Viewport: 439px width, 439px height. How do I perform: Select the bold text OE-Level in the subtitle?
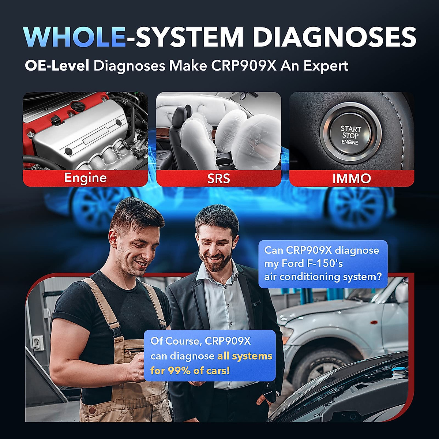click(57, 66)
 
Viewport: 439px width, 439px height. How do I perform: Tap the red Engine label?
click(85, 178)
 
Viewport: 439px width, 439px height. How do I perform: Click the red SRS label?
click(218, 179)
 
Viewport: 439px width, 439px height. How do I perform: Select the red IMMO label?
click(352, 179)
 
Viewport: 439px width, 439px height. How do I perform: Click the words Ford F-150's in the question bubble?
click(304, 263)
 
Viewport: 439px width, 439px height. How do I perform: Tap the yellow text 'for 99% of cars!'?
click(190, 370)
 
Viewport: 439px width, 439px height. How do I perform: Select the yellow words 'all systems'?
click(245, 356)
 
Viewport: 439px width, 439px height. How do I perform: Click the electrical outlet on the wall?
click(36, 342)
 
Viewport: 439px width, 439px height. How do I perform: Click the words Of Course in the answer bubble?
click(175, 341)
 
